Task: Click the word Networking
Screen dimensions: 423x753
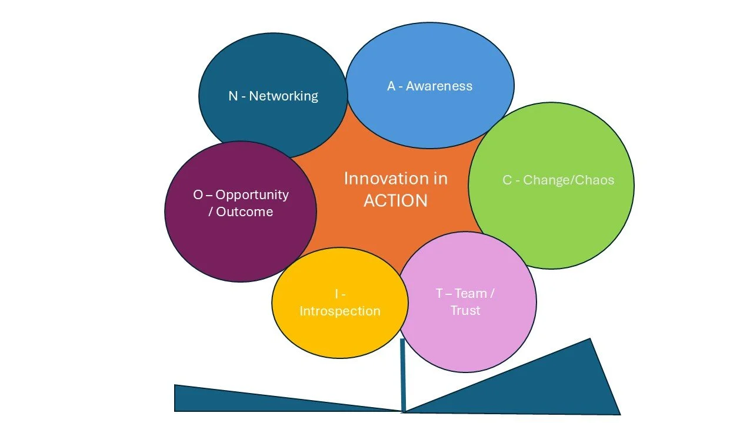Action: pos(284,96)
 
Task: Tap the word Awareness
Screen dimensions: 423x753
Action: pos(439,86)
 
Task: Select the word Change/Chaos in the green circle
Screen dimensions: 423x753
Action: pos(568,180)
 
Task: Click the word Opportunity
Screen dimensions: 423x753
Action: pos(252,194)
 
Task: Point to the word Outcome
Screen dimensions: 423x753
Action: pos(244,212)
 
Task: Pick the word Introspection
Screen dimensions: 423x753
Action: pos(340,311)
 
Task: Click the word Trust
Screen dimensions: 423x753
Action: pos(465,310)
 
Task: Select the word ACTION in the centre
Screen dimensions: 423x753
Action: pos(395,201)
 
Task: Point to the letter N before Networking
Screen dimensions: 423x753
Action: pos(233,96)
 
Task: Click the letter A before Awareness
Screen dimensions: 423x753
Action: pos(391,86)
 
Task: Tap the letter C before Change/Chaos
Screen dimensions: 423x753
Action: pos(507,180)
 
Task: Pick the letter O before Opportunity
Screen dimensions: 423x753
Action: pos(198,194)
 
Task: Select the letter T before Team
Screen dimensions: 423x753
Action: pos(439,293)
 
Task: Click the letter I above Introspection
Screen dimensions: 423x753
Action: pos(336,294)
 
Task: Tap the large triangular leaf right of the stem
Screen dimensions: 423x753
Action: pos(559,388)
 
